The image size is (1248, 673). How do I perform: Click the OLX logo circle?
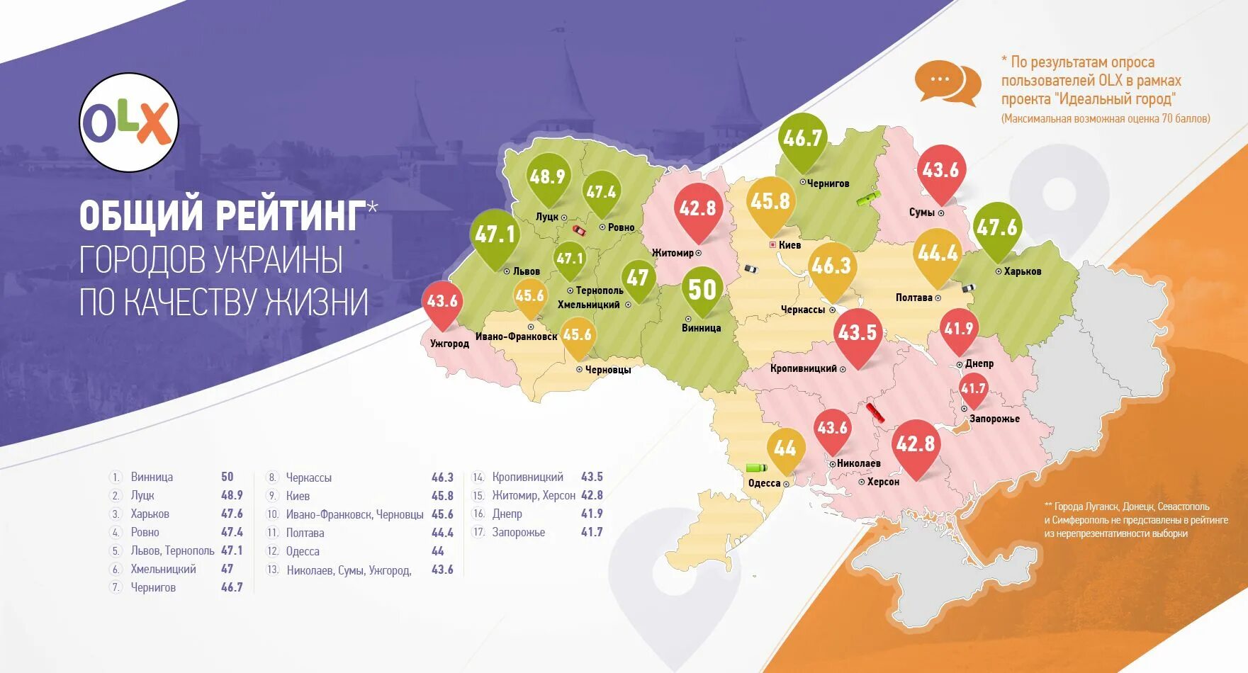(x=128, y=123)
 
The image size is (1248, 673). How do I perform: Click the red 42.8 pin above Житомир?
(x=697, y=208)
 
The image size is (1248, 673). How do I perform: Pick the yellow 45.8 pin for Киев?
(x=770, y=201)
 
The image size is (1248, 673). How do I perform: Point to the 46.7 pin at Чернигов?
(x=802, y=138)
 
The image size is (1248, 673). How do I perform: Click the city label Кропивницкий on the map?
(x=804, y=368)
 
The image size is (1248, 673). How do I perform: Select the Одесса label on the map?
(x=764, y=483)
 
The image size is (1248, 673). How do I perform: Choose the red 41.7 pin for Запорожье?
(x=973, y=388)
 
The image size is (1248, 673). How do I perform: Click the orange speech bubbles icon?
(x=948, y=84)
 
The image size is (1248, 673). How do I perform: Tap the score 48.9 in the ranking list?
(x=232, y=495)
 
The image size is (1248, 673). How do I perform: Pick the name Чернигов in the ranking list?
(x=153, y=587)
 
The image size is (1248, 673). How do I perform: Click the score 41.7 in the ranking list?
(x=592, y=532)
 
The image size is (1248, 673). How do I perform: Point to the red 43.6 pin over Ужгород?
(x=442, y=302)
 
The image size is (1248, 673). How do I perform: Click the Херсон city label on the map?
(x=883, y=482)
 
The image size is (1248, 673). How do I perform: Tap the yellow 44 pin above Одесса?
(x=785, y=448)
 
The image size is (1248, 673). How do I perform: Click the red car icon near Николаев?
(x=875, y=413)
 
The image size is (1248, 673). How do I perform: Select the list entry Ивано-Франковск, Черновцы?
(x=354, y=514)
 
